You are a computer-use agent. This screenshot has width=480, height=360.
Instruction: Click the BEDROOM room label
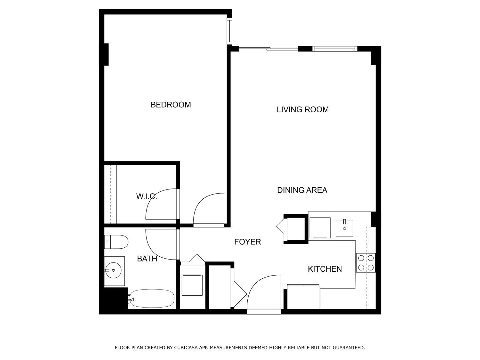coord(171,105)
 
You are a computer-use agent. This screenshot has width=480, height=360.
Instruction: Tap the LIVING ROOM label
coord(302,109)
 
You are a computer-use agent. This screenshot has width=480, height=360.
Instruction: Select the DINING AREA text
coord(302,190)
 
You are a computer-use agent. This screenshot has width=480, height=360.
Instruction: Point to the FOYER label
coord(247,242)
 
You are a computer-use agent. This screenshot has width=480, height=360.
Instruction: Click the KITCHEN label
coord(325,269)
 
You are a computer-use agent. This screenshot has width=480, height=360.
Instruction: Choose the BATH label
coord(147,259)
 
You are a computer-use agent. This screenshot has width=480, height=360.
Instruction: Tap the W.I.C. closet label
coord(147,196)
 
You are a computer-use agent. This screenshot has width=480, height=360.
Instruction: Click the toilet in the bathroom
coord(116,242)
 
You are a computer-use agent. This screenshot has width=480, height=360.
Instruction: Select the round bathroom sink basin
coord(113,270)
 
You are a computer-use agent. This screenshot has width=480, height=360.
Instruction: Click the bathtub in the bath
coord(152,299)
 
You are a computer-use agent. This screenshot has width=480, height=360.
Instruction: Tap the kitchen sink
coord(344,228)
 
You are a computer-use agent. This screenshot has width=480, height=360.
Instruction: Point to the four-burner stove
coord(366,263)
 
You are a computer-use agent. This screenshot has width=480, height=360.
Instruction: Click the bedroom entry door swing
coord(208,210)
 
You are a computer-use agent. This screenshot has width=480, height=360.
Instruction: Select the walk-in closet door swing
coord(161,204)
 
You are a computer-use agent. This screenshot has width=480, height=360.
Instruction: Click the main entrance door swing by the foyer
coord(264,293)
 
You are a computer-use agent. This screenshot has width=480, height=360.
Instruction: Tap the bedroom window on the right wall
coord(229,31)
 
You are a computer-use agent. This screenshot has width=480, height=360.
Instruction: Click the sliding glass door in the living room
coord(268,49)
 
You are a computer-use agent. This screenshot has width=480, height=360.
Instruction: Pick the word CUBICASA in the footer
coord(185,348)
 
